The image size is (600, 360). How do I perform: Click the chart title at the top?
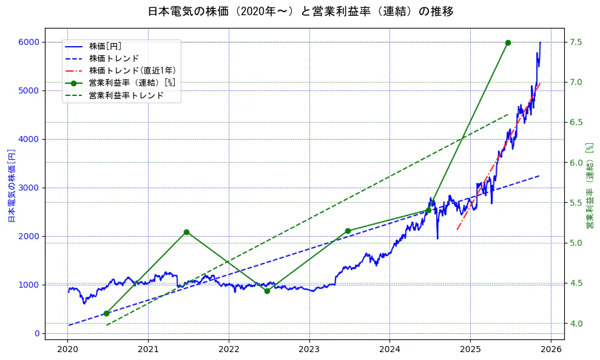pyautogui.click(x=300, y=12)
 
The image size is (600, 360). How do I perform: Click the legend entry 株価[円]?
pyautogui.click(x=106, y=46)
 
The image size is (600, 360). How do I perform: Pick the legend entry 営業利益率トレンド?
pyautogui.click(x=126, y=95)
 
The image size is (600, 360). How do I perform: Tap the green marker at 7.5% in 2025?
pyautogui.click(x=508, y=42)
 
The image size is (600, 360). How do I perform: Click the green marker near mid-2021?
pyautogui.click(x=186, y=232)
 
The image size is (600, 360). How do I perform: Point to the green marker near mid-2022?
pyautogui.click(x=267, y=291)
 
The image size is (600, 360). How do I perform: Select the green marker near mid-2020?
pyautogui.click(x=106, y=313)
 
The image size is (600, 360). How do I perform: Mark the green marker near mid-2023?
pyautogui.click(x=348, y=231)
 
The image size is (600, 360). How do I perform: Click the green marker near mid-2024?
pyautogui.click(x=428, y=210)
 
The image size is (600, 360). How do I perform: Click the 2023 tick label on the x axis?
pyautogui.click(x=309, y=350)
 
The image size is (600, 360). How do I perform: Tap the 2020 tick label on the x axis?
pyautogui.click(x=68, y=350)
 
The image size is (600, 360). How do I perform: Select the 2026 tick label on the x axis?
pyautogui.click(x=551, y=350)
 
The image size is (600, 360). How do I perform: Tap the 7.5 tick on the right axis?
pyautogui.click(x=576, y=42)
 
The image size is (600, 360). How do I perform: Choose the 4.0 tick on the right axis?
pyautogui.click(x=576, y=324)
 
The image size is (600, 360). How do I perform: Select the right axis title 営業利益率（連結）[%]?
pyautogui.click(x=590, y=186)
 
